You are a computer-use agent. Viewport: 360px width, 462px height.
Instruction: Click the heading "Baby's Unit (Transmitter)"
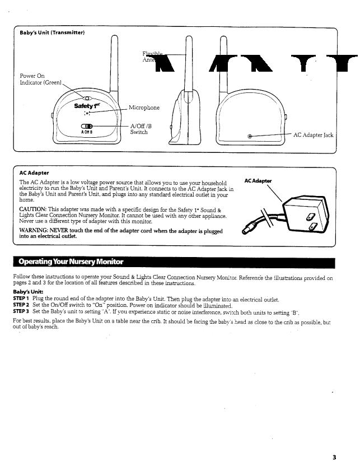(52, 34)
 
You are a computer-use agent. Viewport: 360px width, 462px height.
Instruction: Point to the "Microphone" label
(144, 108)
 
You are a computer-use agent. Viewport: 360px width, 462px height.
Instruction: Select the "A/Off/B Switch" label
(140, 129)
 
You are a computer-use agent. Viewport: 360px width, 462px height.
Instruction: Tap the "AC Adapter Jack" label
(313, 135)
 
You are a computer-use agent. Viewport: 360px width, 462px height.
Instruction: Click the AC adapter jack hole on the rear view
(250, 136)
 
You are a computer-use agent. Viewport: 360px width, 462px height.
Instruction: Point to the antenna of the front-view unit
(114, 62)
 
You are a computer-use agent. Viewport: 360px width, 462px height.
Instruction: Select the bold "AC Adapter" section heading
(34, 173)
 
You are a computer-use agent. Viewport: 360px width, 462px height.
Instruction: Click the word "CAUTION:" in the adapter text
(36, 209)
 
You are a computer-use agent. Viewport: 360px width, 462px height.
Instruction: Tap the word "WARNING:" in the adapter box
(36, 231)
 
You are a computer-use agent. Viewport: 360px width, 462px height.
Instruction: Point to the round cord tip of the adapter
(247, 230)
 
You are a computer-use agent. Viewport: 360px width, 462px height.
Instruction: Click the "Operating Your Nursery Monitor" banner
(71, 262)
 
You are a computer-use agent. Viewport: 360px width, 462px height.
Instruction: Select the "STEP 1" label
(21, 300)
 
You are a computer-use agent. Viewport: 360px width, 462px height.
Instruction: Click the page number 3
(334, 457)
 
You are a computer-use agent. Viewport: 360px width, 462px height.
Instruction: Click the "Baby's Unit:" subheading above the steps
(28, 292)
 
